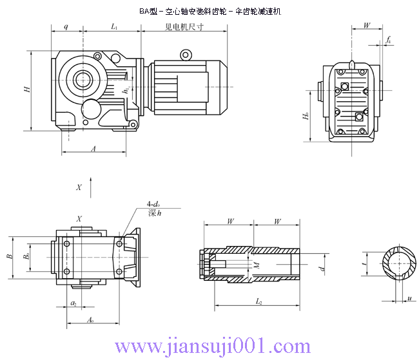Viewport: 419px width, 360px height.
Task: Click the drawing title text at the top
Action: [x=210, y=12]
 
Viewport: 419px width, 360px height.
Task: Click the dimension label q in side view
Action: [x=66, y=27]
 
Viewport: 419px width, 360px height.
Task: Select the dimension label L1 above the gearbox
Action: [x=114, y=27]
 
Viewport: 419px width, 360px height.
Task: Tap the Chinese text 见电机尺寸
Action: [x=184, y=27]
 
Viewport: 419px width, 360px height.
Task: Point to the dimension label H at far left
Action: [x=26, y=90]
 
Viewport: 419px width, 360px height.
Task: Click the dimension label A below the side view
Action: [x=93, y=148]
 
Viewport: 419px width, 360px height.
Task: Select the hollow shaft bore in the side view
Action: [x=83, y=80]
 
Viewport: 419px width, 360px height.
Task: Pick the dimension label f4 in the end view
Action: [x=388, y=41]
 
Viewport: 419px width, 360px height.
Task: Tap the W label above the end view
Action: [x=366, y=26]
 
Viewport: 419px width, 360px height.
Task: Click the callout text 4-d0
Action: [x=154, y=205]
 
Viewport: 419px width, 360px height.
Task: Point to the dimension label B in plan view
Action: [x=9, y=256]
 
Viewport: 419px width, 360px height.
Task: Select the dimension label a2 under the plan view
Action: [x=73, y=302]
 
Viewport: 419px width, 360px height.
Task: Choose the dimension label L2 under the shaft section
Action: [x=257, y=301]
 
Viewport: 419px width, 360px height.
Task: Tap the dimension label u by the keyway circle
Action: [x=409, y=298]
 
